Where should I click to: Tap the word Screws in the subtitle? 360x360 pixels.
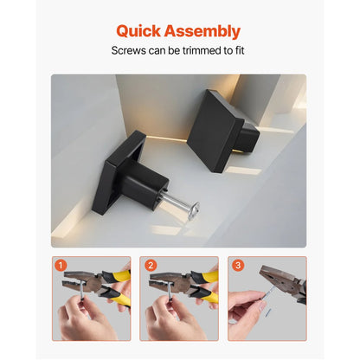click(132, 51)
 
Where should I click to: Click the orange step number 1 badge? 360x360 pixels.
click(60, 265)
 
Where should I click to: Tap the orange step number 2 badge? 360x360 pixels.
click(149, 265)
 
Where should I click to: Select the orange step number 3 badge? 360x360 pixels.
click(237, 265)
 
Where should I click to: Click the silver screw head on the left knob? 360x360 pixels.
click(192, 209)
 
